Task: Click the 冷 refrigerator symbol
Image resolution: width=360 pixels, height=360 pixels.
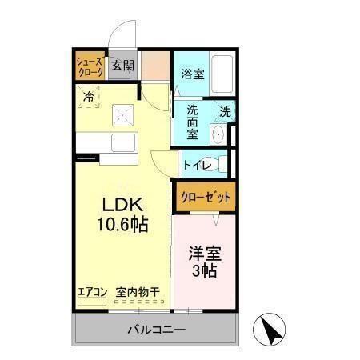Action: pyautogui.click(x=89, y=97)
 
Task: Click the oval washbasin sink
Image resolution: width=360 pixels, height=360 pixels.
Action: pyautogui.click(x=218, y=134)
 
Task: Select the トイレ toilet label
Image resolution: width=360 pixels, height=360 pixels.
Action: pyautogui.click(x=197, y=165)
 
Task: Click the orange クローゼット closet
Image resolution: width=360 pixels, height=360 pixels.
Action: pyautogui.click(x=205, y=197)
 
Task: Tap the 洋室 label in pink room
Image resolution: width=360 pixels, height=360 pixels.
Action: pyautogui.click(x=205, y=254)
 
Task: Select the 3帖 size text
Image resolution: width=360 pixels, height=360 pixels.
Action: pyautogui.click(x=205, y=272)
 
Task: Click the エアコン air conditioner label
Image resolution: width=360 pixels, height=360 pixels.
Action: pyautogui.click(x=91, y=292)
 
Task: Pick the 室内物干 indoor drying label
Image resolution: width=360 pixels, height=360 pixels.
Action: pyautogui.click(x=138, y=292)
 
